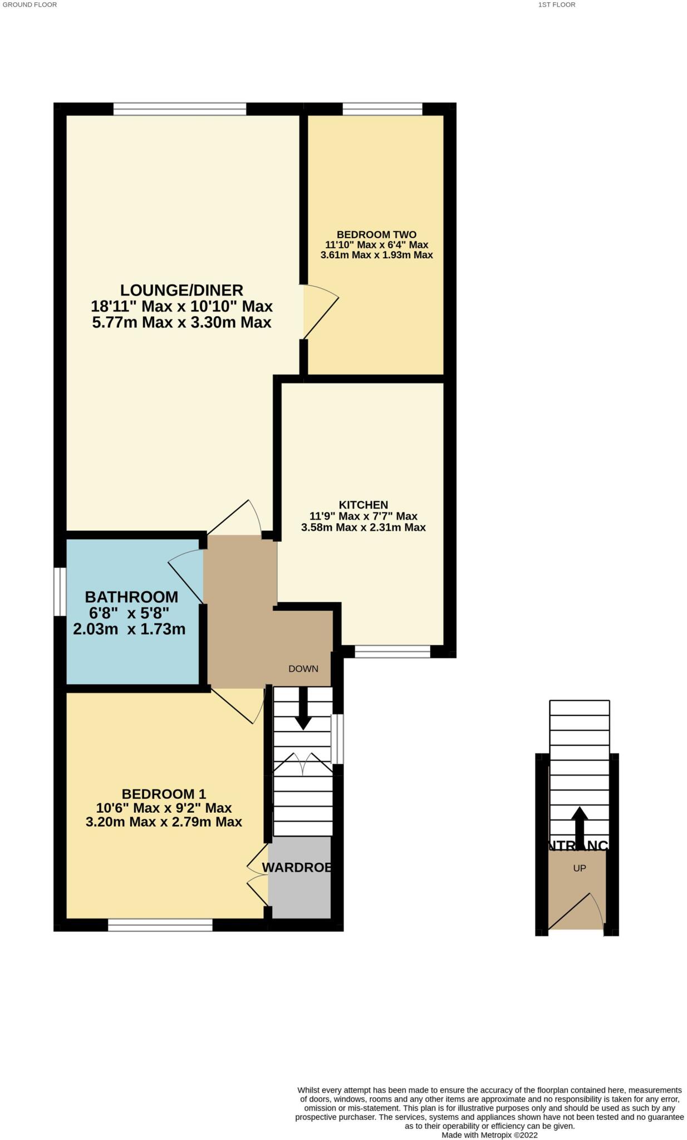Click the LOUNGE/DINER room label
(x=181, y=290)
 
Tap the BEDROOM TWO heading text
(x=376, y=235)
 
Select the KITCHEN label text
(x=364, y=505)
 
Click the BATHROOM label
(x=131, y=597)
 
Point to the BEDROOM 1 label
(x=164, y=794)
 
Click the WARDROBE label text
(x=297, y=867)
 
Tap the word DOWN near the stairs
(x=303, y=669)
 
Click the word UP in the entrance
(x=580, y=868)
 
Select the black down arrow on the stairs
(x=303, y=710)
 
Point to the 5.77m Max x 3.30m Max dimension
(x=181, y=322)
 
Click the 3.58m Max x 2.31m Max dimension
(x=364, y=527)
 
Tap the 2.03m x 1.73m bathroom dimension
(x=129, y=630)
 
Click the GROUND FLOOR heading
(x=30, y=4)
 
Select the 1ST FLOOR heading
(x=557, y=4)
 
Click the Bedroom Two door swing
(x=321, y=312)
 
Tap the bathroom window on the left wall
(x=60, y=592)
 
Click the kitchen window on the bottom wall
(x=392, y=651)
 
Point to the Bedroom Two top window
(x=382, y=109)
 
